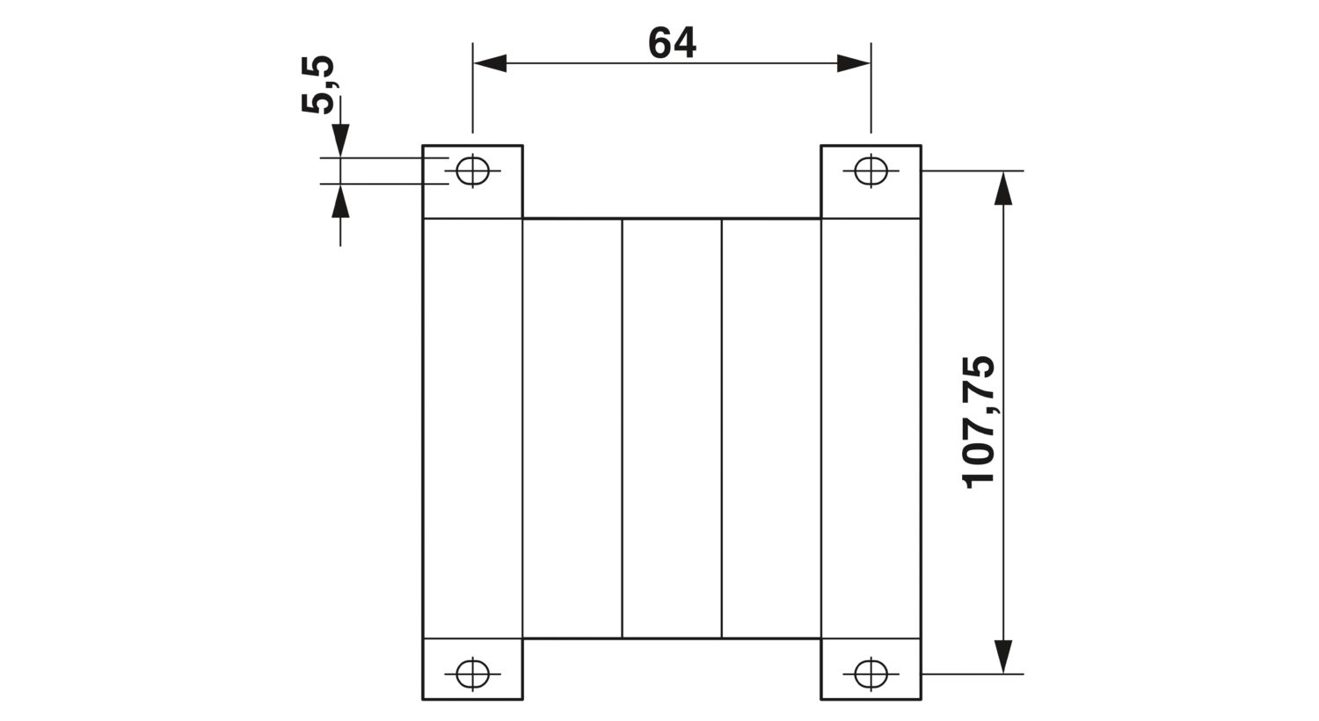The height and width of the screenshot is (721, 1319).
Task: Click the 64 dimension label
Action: click(672, 42)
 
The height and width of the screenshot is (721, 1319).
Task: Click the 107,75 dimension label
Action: click(978, 423)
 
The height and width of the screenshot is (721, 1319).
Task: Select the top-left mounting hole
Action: click(472, 171)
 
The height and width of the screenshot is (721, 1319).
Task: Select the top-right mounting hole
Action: click(871, 171)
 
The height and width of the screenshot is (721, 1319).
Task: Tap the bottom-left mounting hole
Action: click(472, 674)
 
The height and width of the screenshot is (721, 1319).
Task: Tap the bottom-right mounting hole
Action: click(871, 674)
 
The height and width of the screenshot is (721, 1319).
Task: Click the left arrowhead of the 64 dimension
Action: click(490, 63)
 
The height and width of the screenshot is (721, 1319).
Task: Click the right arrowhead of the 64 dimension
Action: click(854, 63)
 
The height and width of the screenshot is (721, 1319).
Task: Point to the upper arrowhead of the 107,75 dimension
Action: click(1002, 188)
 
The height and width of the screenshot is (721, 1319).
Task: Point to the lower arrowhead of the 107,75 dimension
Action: click(1002, 657)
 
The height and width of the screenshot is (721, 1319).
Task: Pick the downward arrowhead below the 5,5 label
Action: click(340, 141)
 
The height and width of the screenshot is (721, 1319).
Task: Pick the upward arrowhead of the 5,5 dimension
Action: click(340, 200)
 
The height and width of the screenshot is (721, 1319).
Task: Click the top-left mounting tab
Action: click(472, 182)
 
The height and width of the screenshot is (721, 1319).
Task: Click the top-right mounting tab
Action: click(871, 182)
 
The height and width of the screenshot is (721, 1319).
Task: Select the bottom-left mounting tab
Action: click(472, 669)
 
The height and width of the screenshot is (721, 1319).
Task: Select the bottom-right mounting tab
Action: click(871, 669)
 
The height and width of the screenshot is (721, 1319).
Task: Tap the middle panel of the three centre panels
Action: click(672, 428)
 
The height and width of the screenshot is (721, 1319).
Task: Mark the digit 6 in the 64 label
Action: click(659, 42)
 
